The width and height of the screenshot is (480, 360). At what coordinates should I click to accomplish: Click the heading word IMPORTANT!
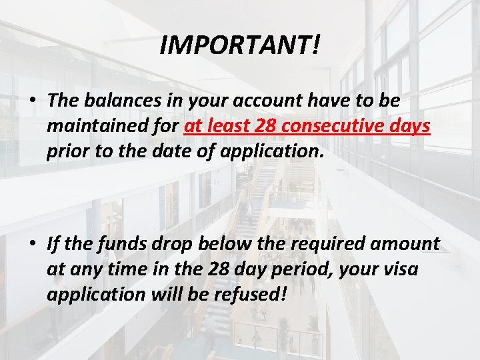pyautogui.click(x=241, y=45)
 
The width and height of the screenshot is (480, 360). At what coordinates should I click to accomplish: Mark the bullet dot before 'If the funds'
pyautogui.click(x=32, y=244)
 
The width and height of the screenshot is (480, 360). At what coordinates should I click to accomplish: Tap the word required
pyautogui.click(x=318, y=243)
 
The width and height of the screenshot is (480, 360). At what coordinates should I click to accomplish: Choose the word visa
pyautogui.click(x=419, y=269)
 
